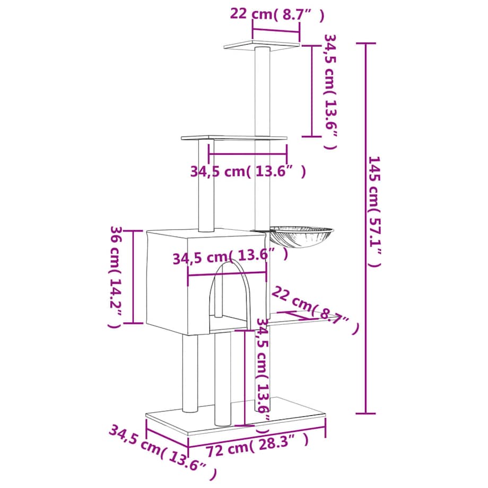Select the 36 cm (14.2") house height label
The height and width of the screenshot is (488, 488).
[x=116, y=276]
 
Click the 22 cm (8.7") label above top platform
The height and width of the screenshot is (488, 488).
[x=276, y=14]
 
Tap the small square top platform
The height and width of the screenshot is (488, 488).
[x=261, y=44]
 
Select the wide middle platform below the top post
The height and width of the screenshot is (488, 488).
[x=234, y=138]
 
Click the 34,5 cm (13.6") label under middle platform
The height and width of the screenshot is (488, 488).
[x=248, y=171]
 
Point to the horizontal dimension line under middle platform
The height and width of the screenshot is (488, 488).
[x=248, y=154]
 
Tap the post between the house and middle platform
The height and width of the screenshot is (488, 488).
[x=205, y=186]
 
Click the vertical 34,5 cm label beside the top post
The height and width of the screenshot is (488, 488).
[x=330, y=90]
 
